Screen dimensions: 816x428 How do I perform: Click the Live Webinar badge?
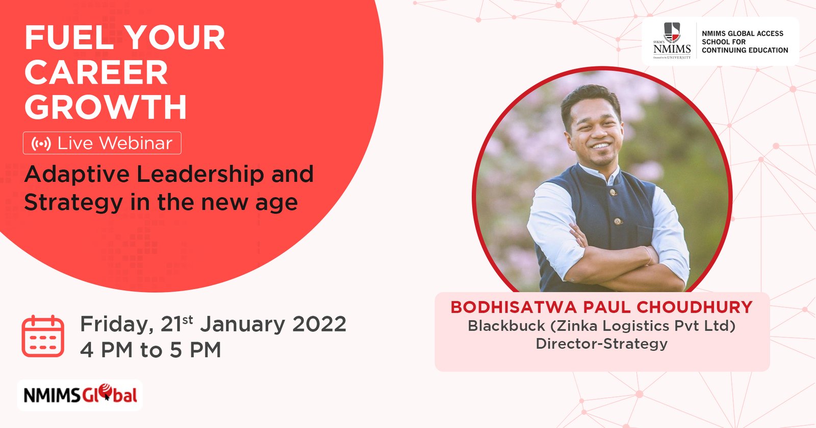coord(102,143)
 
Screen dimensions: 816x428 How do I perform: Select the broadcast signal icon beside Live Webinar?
coord(41,144)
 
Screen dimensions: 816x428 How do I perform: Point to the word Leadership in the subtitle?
coord(200,175)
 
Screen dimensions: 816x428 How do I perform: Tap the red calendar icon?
coord(43,336)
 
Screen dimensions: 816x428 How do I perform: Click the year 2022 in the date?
coord(319,324)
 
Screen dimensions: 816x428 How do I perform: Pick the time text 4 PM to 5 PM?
coord(150,350)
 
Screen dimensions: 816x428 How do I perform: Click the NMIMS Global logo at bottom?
coord(80,395)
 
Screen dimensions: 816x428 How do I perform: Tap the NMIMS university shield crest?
coord(672,33)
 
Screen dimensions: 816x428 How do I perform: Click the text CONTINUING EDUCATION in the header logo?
coord(745,51)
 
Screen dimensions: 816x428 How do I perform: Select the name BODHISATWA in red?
coord(514,307)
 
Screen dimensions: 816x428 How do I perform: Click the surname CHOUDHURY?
coord(694,307)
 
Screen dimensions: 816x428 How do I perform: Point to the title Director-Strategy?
coord(601,344)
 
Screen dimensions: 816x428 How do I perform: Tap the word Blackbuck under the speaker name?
coord(506,325)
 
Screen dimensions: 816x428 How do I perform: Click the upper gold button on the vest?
coord(613,192)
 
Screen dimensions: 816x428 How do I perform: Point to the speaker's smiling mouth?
coord(600,146)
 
